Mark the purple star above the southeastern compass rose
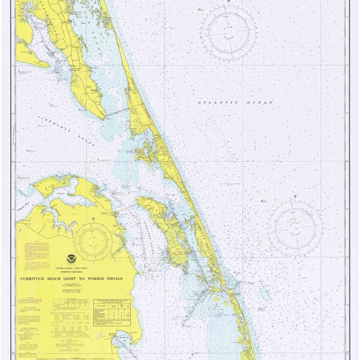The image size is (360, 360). click(x=295, y=197)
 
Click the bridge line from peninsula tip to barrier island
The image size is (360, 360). click(x=121, y=111)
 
